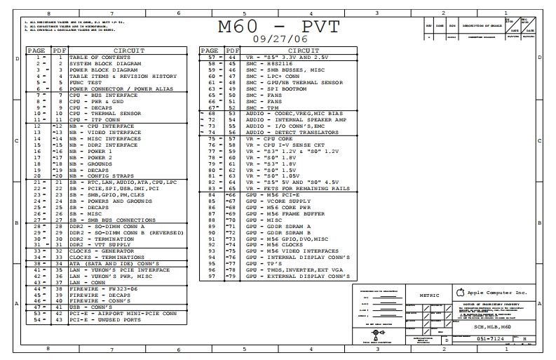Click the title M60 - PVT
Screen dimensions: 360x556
point(278,27)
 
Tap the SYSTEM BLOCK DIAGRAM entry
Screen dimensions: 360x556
point(105,64)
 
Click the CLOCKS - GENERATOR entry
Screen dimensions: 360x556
point(102,251)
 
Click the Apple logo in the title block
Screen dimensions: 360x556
point(460,291)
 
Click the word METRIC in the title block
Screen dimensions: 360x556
point(429,295)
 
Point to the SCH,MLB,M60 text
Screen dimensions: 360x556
point(493,327)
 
